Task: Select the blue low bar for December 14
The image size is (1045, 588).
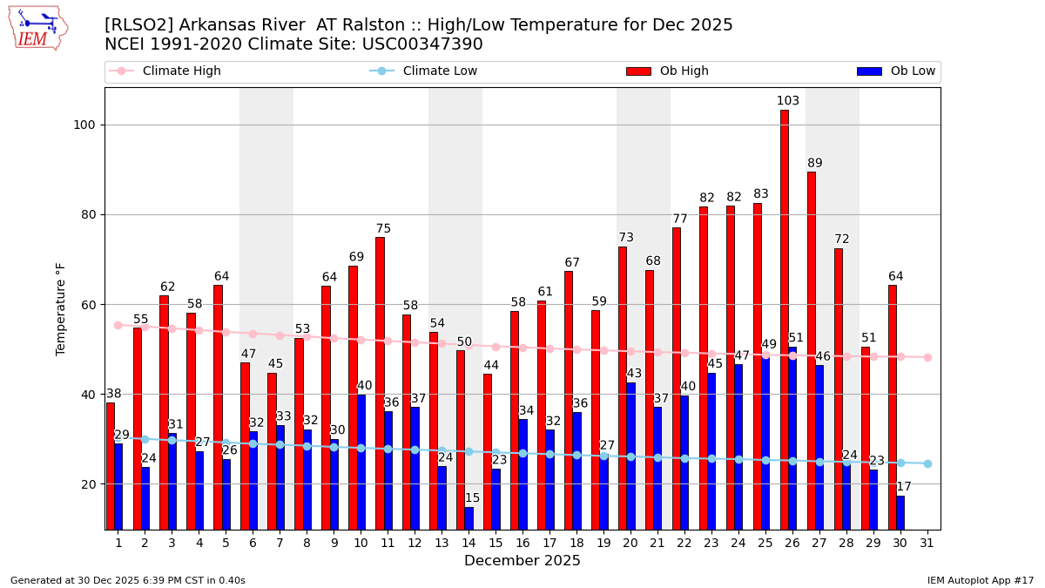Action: point(469,517)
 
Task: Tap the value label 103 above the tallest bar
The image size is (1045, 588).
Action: point(788,101)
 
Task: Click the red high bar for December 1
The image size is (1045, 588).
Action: point(111,465)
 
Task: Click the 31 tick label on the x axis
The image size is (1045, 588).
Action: point(927,543)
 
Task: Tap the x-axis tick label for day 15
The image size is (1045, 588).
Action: point(496,543)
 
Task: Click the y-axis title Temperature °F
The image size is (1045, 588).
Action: point(61,308)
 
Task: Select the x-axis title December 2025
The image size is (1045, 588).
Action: point(522,561)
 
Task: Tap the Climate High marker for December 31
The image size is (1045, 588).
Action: point(927,357)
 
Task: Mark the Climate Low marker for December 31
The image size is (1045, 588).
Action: point(927,463)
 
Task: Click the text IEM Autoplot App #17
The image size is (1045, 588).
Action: point(981,580)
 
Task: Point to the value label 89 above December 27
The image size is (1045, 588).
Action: point(815,163)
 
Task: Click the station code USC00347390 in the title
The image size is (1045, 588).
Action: point(423,44)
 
